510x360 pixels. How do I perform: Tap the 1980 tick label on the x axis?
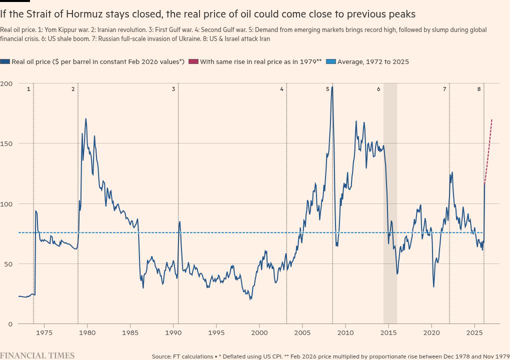87,332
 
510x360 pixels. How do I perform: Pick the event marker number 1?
28,89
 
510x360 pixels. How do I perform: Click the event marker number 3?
173,89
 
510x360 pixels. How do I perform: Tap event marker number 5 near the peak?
328,89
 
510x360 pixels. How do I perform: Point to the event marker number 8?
479,89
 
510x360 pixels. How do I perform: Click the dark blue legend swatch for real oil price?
5,61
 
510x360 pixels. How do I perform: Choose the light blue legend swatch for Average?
331,61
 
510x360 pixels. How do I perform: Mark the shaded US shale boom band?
390,200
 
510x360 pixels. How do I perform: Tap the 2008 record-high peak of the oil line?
332,87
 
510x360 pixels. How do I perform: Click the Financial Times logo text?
37,355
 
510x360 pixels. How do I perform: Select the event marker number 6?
378,89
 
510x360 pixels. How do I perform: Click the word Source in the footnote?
163,356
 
